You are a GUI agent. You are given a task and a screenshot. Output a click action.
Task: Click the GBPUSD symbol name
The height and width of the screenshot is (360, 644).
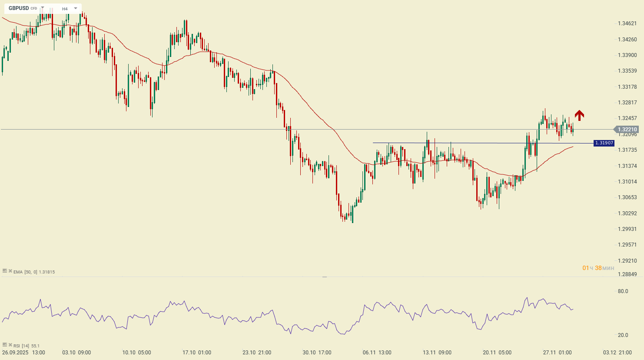[19, 8]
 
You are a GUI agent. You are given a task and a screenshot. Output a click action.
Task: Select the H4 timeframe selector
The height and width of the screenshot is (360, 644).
[65, 9]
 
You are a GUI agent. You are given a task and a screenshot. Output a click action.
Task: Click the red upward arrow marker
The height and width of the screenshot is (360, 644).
[579, 115]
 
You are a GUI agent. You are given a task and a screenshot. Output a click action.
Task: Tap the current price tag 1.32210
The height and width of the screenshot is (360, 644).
[627, 130]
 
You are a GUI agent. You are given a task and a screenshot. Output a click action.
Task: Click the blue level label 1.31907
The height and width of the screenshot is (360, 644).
[604, 143]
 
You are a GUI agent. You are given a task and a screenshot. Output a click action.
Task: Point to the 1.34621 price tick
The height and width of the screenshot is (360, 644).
[627, 23]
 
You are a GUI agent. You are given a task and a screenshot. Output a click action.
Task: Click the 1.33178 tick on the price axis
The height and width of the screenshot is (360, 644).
[627, 87]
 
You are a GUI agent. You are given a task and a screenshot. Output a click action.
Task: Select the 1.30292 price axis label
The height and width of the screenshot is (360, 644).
[627, 213]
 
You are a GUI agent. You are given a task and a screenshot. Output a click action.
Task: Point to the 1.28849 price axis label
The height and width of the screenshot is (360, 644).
[627, 274]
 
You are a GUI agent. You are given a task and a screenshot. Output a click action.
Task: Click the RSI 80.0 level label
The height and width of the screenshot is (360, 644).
[623, 291]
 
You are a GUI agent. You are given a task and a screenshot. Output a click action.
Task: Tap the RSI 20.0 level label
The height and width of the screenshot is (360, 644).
[623, 335]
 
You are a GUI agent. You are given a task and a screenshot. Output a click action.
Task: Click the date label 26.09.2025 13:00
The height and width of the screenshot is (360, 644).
[23, 353]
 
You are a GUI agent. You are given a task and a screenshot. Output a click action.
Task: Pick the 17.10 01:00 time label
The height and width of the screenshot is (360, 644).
[197, 353]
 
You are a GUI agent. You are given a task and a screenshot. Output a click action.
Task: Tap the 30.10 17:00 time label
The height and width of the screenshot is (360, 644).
[317, 353]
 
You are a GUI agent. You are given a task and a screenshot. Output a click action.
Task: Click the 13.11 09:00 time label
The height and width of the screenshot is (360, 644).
[437, 353]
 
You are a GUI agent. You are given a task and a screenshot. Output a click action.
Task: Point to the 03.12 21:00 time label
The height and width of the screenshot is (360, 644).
[617, 353]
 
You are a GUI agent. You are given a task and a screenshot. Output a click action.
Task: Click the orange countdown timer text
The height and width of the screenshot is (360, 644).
[598, 268]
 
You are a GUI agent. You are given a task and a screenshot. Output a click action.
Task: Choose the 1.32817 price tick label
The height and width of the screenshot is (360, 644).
[627, 103]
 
